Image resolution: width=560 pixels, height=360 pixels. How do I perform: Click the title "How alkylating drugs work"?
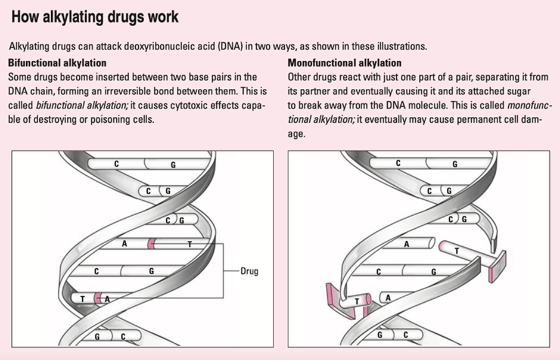tap(94, 17)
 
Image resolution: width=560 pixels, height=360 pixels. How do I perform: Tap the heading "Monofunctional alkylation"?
tap(344, 63)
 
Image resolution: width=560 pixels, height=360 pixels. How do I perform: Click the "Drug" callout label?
tap(250, 271)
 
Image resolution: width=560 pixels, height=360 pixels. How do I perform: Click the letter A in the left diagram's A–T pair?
tap(125, 244)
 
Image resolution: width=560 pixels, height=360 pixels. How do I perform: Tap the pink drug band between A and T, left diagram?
tap(152, 244)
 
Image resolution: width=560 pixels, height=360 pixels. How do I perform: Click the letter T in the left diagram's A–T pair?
tap(189, 244)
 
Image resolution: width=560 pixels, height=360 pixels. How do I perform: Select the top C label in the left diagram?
tap(117, 163)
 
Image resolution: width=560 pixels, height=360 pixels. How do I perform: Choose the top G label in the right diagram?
tap(455, 164)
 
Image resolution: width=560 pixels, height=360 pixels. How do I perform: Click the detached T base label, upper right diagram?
tap(456, 251)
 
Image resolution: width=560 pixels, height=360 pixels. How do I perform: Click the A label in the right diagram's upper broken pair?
tap(406, 244)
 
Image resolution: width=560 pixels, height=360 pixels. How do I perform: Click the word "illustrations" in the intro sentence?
tap(404, 46)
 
